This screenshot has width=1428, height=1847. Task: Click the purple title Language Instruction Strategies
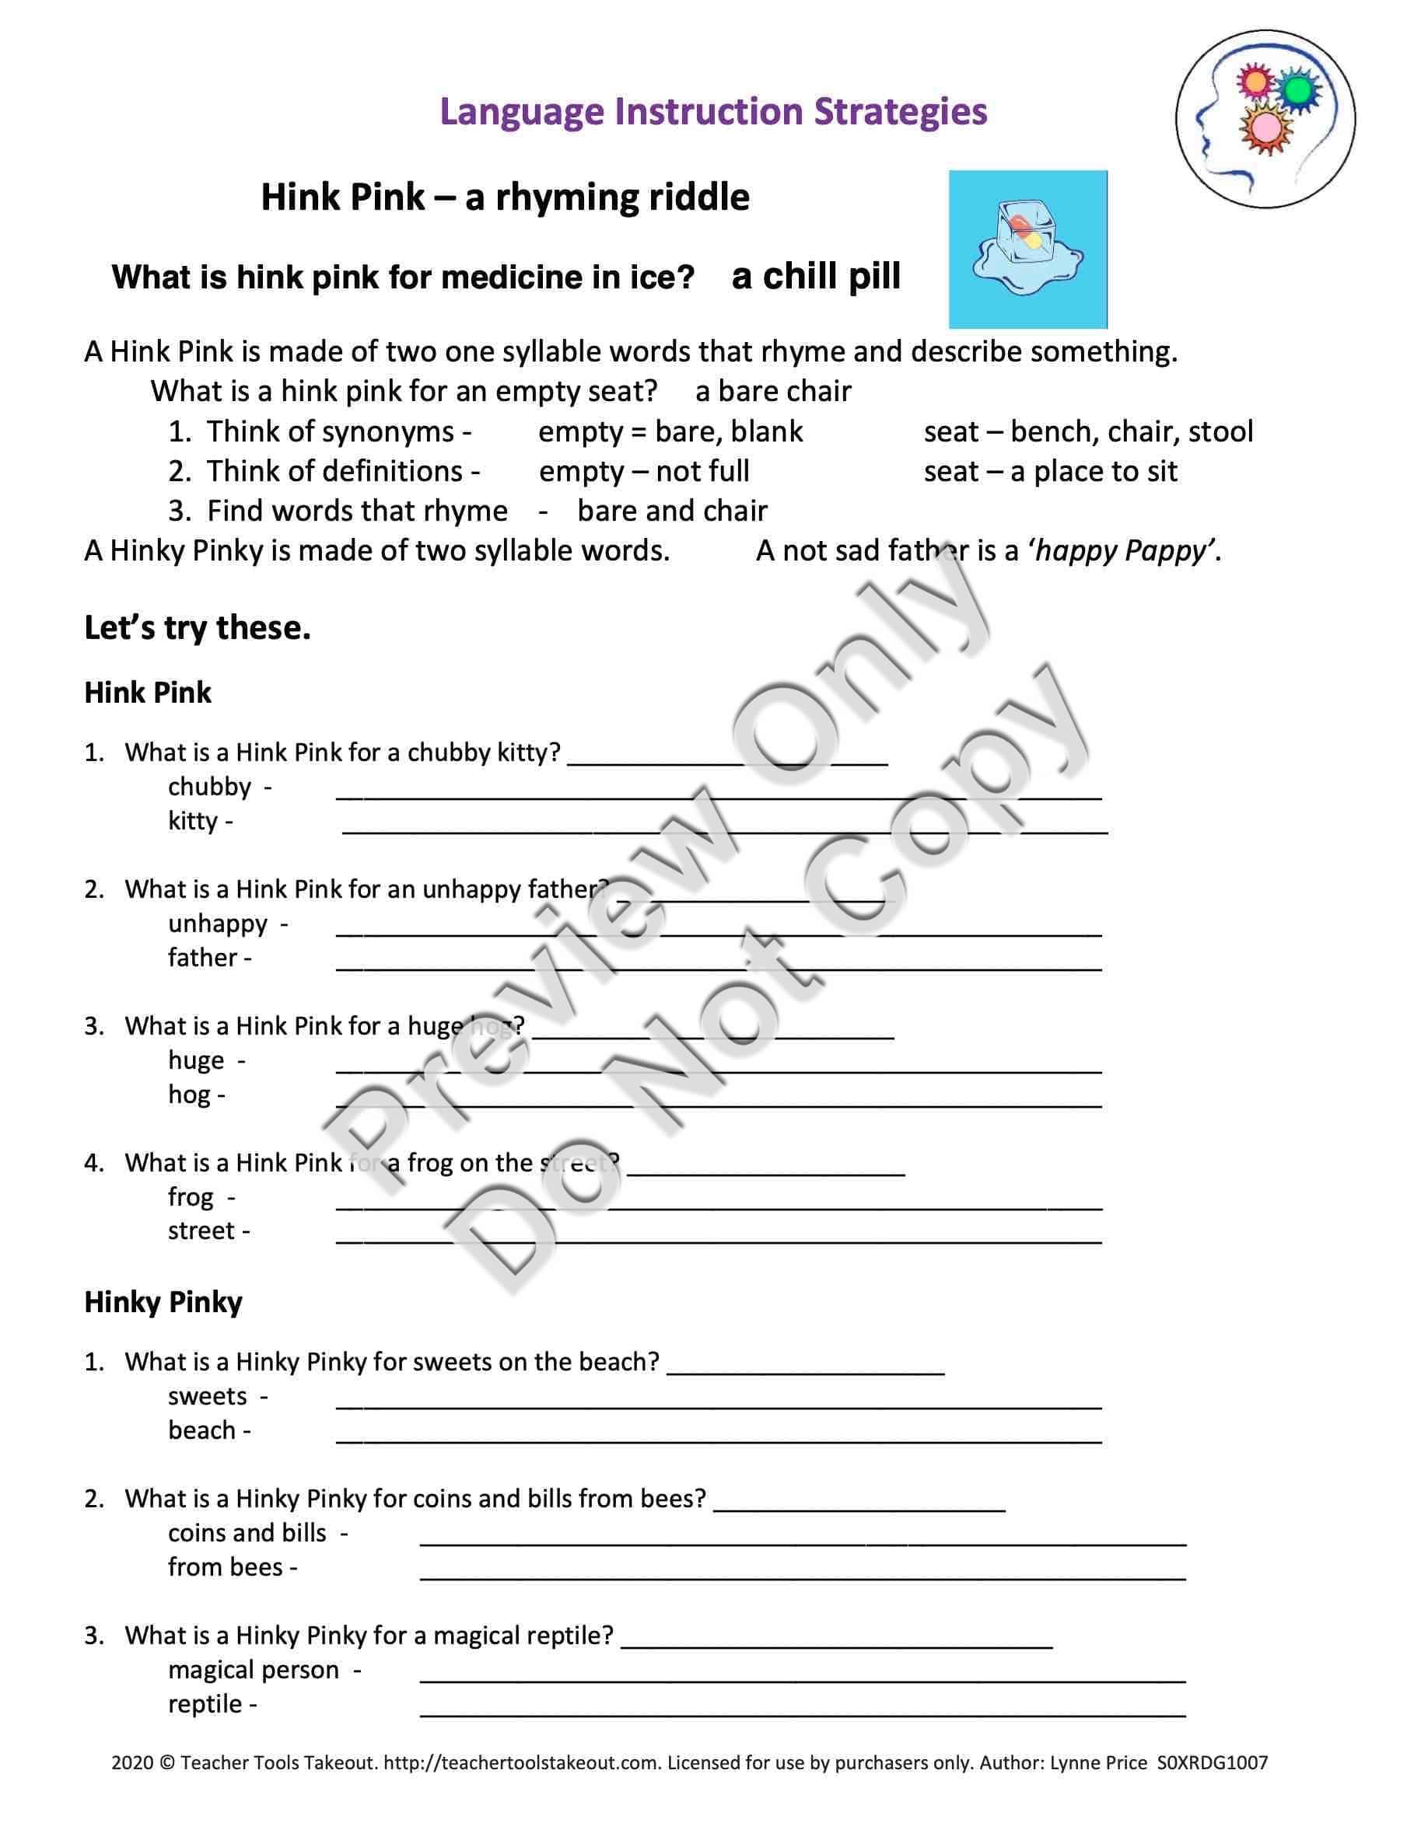pyautogui.click(x=713, y=112)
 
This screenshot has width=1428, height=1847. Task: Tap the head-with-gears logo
pyautogui.click(x=1264, y=119)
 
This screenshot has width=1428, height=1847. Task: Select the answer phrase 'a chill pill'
pyautogui.click(x=816, y=277)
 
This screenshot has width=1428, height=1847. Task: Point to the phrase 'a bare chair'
pyautogui.click(x=772, y=391)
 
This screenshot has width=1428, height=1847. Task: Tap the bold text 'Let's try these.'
pyautogui.click(x=197, y=627)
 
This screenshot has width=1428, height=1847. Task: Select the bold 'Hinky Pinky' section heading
pyautogui.click(x=163, y=1301)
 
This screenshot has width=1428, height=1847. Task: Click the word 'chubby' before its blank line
pyautogui.click(x=209, y=787)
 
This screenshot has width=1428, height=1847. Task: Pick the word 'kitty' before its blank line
pyautogui.click(x=193, y=820)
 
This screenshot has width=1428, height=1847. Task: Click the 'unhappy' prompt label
pyautogui.click(x=218, y=923)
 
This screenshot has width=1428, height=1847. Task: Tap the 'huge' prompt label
pyautogui.click(x=196, y=1060)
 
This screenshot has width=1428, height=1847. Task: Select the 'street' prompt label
pyautogui.click(x=201, y=1231)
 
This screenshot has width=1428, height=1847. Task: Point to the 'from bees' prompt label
pyautogui.click(x=225, y=1567)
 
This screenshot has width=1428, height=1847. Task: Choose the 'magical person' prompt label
pyautogui.click(x=254, y=1671)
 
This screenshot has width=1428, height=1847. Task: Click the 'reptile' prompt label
pyautogui.click(x=205, y=1704)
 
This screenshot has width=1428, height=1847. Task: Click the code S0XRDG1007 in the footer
pyautogui.click(x=1212, y=1763)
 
